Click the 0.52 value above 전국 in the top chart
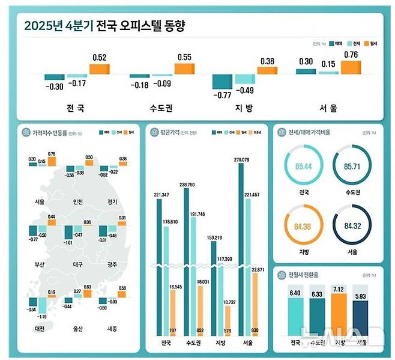pos(100,57)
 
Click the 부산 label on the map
pos(40,263)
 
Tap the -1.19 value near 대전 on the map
pos(42,316)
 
